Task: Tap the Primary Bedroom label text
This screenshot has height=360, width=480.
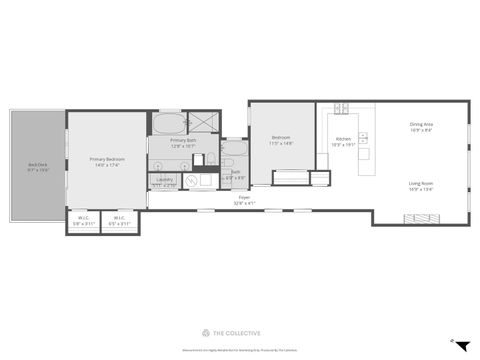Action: (106, 161)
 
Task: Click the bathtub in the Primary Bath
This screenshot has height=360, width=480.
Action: (166, 124)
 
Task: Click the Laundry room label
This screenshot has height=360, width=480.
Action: (165, 182)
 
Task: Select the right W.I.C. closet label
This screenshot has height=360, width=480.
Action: (119, 220)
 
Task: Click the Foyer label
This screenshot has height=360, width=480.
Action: (244, 200)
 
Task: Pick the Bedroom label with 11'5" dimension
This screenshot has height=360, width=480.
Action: (280, 141)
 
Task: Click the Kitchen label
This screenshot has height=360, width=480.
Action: (343, 141)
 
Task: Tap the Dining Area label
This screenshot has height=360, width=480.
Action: (420, 127)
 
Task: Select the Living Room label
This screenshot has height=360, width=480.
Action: (420, 185)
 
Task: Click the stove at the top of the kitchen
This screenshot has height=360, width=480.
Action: (340, 108)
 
